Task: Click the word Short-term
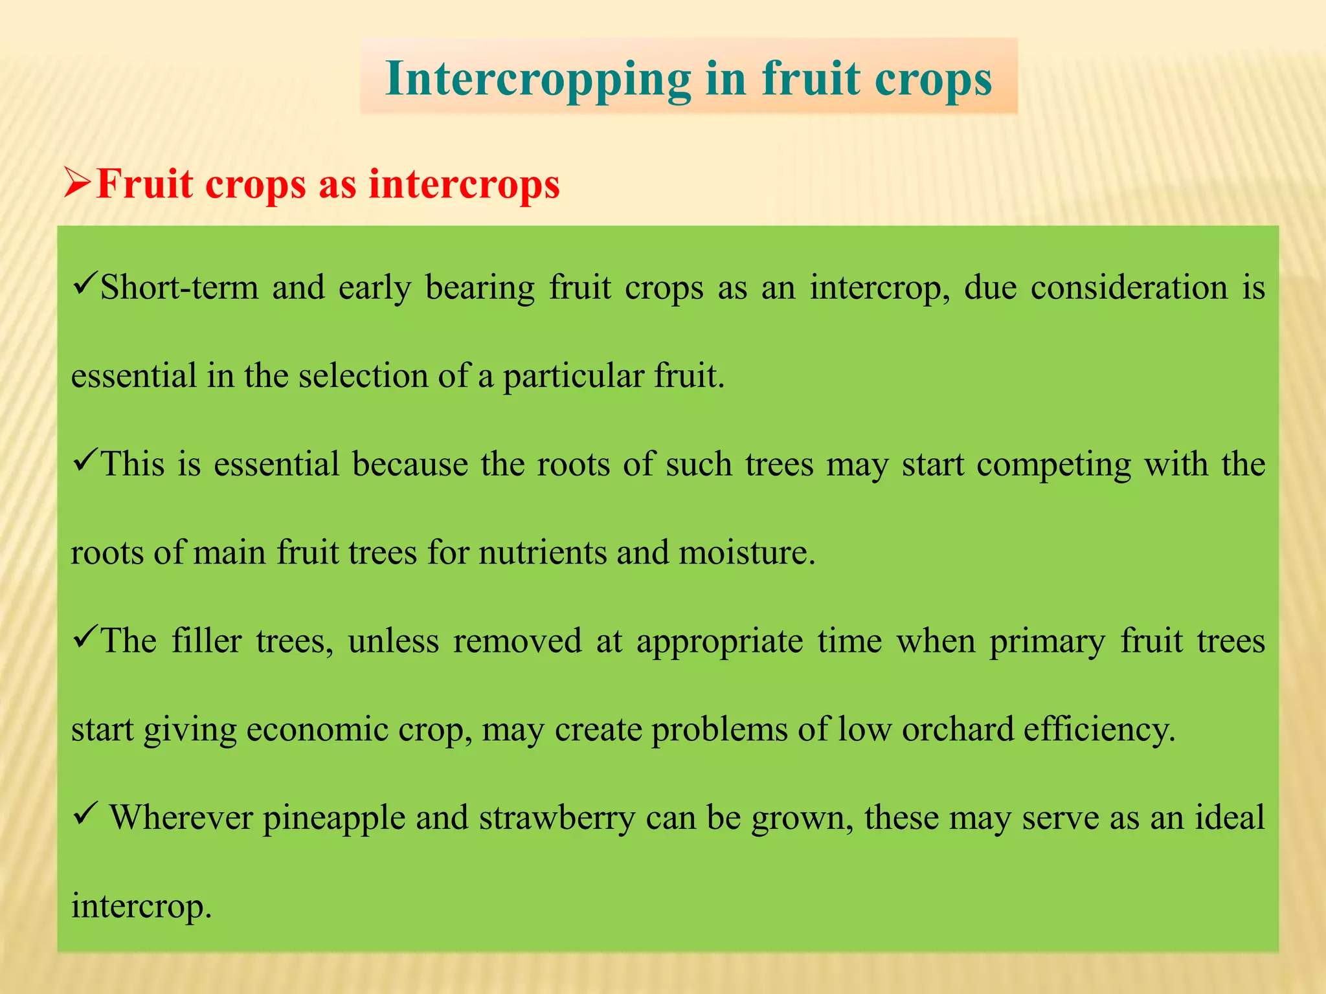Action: [x=179, y=288]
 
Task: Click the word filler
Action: [x=207, y=641]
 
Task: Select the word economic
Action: [x=317, y=730]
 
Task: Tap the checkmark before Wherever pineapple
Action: [x=85, y=813]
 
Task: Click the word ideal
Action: [x=1229, y=817]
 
